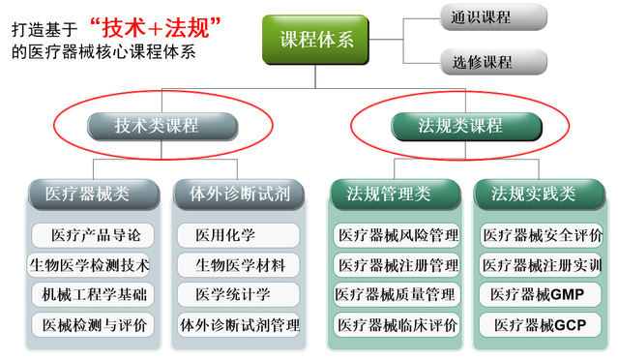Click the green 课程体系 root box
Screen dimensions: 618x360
click(x=315, y=40)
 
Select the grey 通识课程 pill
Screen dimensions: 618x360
click(x=493, y=17)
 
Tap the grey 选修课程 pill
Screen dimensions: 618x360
click(x=493, y=62)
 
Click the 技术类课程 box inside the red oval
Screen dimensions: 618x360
click(x=162, y=126)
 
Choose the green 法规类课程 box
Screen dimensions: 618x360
click(x=466, y=126)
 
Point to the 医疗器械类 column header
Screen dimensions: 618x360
click(x=94, y=194)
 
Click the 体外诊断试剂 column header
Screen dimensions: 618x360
click(x=239, y=194)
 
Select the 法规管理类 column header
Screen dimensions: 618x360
click(x=396, y=194)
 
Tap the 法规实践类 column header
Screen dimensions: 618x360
click(x=539, y=194)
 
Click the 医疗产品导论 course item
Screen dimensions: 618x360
click(x=93, y=235)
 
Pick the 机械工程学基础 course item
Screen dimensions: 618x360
click(x=93, y=294)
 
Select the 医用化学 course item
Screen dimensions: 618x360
click(x=239, y=235)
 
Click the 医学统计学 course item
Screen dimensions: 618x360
click(x=239, y=294)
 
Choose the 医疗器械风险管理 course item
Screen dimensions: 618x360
click(x=397, y=235)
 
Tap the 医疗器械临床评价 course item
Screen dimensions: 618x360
click(x=397, y=325)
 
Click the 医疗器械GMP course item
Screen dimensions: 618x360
click(x=541, y=294)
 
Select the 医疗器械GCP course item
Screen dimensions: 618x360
click(x=541, y=325)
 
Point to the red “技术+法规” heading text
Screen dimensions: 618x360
click(x=155, y=28)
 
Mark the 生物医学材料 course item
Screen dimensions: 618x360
click(x=239, y=265)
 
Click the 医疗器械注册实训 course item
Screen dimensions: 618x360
click(x=542, y=265)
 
